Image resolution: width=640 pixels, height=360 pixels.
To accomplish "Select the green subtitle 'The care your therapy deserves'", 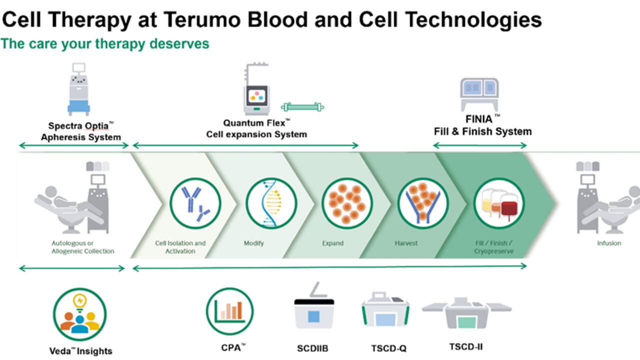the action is [x=105, y=43].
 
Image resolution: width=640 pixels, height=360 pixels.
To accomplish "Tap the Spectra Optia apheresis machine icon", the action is [x=79, y=89].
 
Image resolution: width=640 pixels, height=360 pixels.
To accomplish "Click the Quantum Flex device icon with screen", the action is [x=256, y=88].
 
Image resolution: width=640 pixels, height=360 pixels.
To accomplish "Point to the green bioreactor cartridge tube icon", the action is [x=302, y=107].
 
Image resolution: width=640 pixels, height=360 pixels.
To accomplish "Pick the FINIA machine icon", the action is [x=479, y=94].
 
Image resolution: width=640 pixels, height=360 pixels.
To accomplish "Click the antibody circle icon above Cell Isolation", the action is [x=195, y=203].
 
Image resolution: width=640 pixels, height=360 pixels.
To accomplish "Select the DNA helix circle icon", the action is [x=271, y=203].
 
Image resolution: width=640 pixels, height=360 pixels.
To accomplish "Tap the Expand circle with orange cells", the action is [x=347, y=203].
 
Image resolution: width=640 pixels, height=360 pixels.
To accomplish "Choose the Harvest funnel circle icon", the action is [x=423, y=203].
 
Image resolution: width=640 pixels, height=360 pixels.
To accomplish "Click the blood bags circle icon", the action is [x=499, y=203].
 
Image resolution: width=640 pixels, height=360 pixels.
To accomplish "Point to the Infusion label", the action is [x=609, y=243].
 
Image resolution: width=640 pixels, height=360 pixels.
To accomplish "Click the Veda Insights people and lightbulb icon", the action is [x=79, y=314].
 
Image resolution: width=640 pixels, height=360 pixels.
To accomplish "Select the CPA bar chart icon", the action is [x=229, y=311].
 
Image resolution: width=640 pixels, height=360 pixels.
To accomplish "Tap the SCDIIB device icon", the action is [x=314, y=305].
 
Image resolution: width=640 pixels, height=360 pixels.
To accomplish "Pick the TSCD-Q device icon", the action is [x=385, y=309].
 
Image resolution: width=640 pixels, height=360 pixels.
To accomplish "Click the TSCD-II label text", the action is [x=466, y=347].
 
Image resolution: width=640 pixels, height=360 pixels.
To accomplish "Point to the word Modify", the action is [x=253, y=243].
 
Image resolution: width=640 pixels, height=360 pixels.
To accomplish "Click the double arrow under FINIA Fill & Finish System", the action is [x=480, y=145].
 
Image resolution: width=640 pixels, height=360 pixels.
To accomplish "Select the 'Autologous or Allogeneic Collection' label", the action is [x=83, y=247].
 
